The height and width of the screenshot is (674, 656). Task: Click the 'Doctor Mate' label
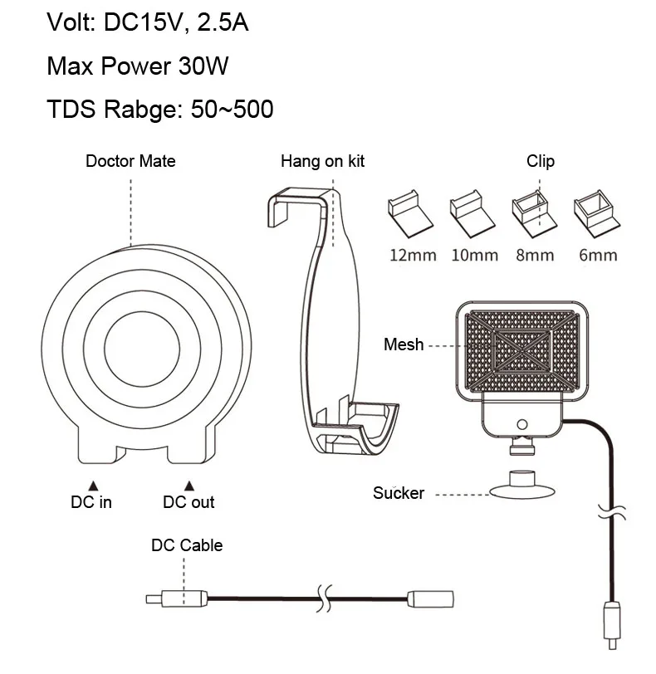[130, 161]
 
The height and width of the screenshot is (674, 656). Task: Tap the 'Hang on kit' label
[322, 161]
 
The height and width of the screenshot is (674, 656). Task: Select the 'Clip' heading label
[540, 161]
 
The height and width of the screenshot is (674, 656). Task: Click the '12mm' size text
[413, 254]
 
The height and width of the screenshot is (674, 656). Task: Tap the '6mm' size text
[598, 254]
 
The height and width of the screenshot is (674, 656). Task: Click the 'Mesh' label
[404, 344]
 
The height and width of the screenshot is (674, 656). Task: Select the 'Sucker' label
[399, 493]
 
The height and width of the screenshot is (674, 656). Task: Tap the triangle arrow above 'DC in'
[93, 485]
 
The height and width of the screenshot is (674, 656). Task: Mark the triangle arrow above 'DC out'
[188, 485]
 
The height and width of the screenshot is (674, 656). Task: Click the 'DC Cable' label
[186, 545]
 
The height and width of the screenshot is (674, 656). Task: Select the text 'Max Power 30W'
[137, 66]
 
